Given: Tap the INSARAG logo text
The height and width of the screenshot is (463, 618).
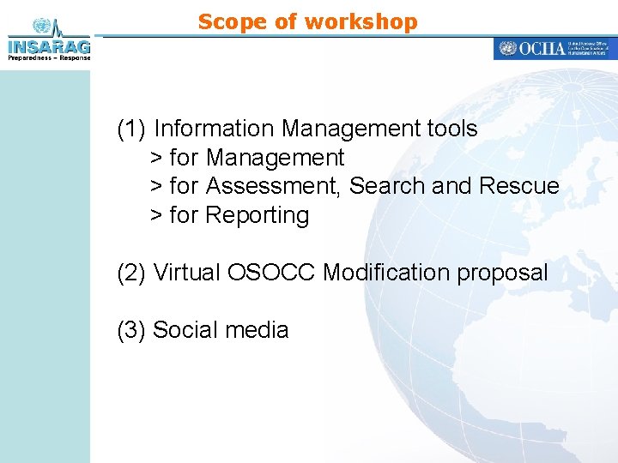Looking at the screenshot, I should pyautogui.click(x=48, y=45).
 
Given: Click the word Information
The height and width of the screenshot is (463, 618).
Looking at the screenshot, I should pyautogui.click(x=215, y=129).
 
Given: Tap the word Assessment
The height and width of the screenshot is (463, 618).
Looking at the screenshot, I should pyautogui.click(x=274, y=186).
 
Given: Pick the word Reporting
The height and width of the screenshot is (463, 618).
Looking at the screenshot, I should pyautogui.click(x=257, y=215).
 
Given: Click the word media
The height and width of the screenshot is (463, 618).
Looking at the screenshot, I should pyautogui.click(x=258, y=330).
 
